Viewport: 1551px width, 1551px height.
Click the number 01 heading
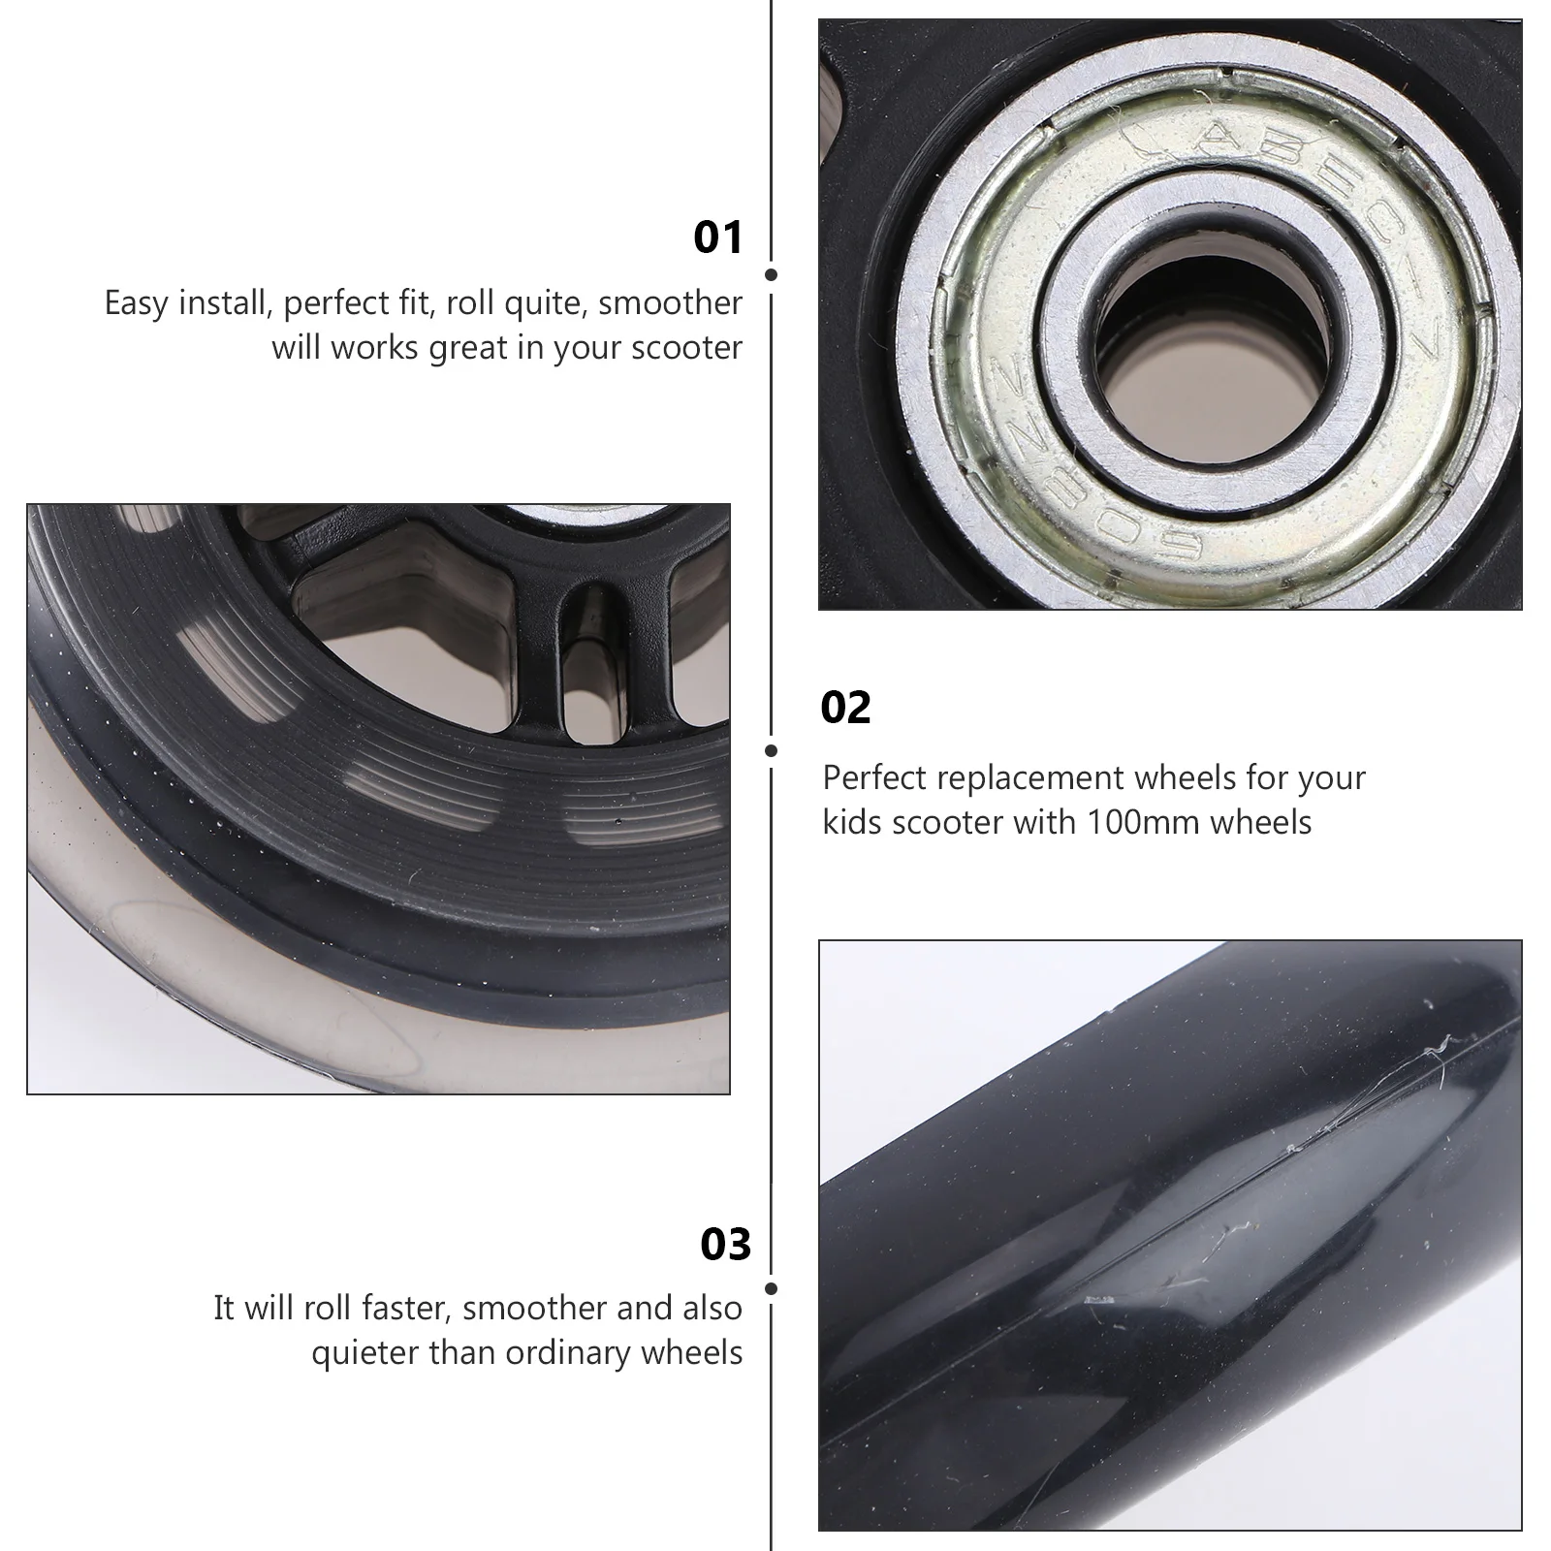pos(717,237)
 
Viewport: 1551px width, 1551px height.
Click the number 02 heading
pos(845,708)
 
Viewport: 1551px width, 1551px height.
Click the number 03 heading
pos(725,1245)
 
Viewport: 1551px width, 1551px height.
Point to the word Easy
pos(136,303)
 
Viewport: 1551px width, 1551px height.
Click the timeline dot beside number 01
pos(771,275)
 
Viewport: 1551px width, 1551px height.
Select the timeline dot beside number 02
pos(771,750)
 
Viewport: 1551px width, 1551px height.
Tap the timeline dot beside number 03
pos(771,1288)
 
